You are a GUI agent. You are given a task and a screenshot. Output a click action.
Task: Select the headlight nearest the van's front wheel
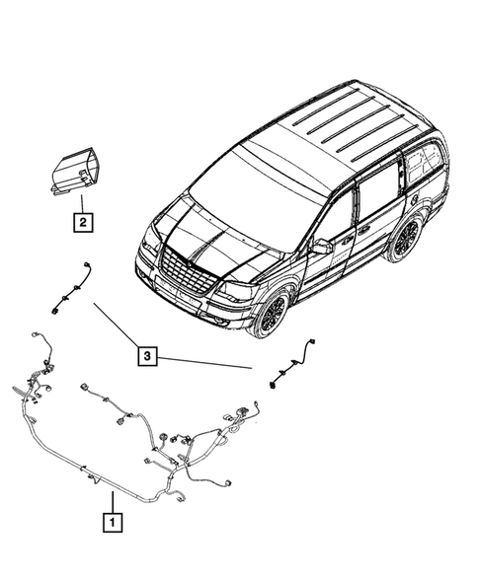(234, 292)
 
